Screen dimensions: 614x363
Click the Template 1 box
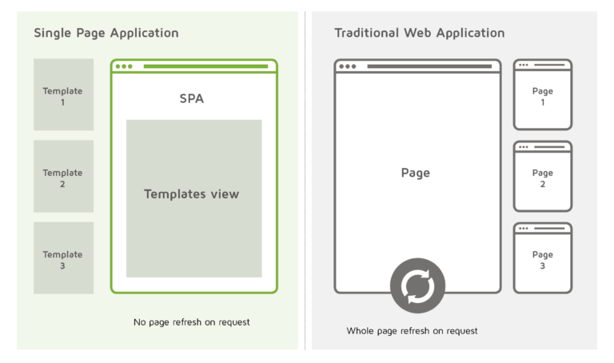click(x=63, y=94)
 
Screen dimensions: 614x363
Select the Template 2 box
click(x=63, y=176)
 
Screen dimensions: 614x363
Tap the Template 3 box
click(x=63, y=258)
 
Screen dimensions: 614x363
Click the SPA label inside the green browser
click(x=192, y=98)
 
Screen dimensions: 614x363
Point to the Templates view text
click(x=192, y=193)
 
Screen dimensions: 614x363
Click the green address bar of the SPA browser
click(x=205, y=66)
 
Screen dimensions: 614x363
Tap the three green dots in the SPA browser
click(x=124, y=66)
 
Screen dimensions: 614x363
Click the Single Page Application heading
click(x=106, y=33)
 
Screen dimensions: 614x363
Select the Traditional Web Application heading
click(x=420, y=33)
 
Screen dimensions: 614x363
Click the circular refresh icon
click(x=417, y=285)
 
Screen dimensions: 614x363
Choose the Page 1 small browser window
click(x=543, y=94)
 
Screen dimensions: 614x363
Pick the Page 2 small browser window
click(x=543, y=176)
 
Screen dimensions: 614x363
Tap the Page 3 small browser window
click(x=543, y=258)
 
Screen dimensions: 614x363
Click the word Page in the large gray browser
click(x=416, y=173)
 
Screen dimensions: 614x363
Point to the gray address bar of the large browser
click(x=429, y=66)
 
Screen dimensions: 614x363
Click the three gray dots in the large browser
click(x=347, y=66)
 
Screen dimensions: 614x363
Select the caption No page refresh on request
click(x=192, y=322)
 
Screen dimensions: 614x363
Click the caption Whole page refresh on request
click(x=412, y=331)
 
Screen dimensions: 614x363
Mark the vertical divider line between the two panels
click(x=305, y=181)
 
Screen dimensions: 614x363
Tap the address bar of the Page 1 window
click(x=549, y=65)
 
